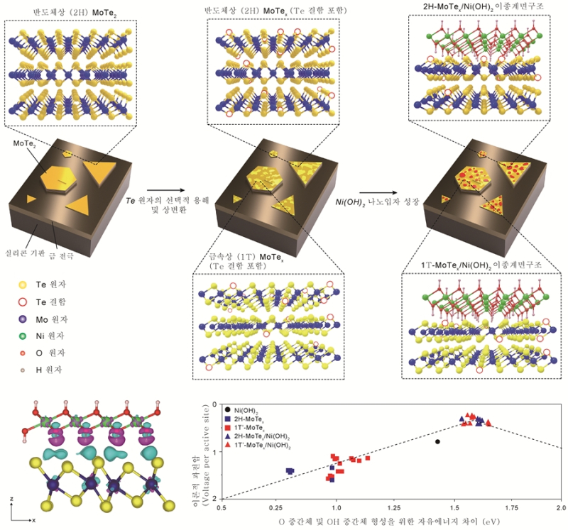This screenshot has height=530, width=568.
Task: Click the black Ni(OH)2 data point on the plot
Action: click(437, 441)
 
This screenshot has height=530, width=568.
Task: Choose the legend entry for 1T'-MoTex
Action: click(256, 428)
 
